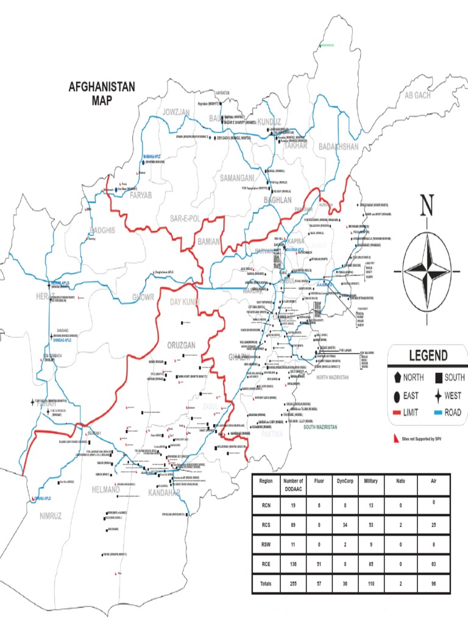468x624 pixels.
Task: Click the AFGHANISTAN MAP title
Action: tap(102, 94)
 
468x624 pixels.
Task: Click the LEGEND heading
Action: tap(428, 356)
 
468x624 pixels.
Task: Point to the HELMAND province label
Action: tap(106, 489)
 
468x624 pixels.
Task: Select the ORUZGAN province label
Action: tap(181, 346)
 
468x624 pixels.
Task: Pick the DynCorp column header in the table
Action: tap(344, 481)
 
